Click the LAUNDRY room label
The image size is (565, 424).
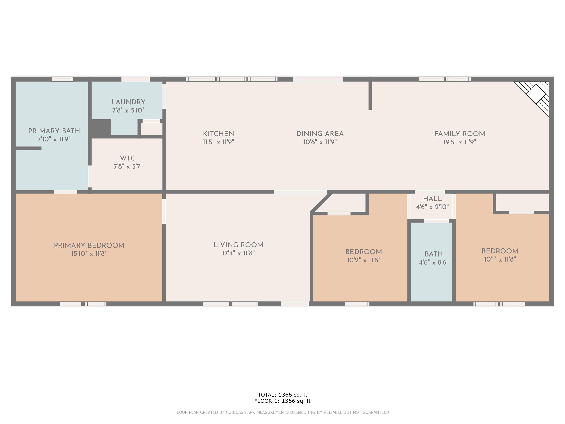(128, 102)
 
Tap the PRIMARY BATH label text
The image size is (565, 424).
(54, 131)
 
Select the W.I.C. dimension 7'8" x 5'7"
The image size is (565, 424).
(128, 166)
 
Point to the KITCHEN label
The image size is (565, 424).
(218, 134)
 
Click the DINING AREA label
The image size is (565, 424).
(320, 134)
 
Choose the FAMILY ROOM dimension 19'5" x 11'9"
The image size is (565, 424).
(459, 142)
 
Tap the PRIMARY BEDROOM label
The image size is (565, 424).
(89, 245)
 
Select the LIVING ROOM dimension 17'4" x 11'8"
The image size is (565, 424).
(238, 253)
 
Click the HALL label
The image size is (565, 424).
(432, 199)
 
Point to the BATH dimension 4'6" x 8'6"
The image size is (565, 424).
(433, 262)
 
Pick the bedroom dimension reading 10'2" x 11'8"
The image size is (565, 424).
(363, 260)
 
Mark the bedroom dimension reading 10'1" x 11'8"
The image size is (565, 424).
(500, 259)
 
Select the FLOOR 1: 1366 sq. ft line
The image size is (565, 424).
(282, 401)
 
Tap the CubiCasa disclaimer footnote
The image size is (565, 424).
(282, 412)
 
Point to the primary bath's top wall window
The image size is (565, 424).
(62, 79)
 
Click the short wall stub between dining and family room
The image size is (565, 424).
(370, 95)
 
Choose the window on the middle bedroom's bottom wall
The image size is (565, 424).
(357, 304)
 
